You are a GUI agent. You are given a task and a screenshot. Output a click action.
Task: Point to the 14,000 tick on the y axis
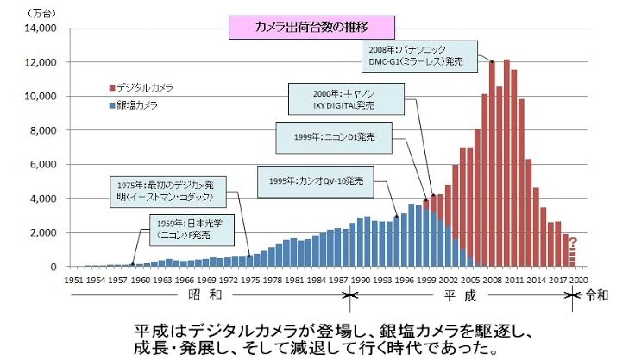tap(40, 28)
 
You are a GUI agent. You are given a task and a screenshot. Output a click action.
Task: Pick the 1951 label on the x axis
tap(75, 281)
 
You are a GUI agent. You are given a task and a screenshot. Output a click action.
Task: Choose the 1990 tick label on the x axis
tap(360, 281)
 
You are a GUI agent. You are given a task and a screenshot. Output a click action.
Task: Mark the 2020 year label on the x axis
tap(579, 281)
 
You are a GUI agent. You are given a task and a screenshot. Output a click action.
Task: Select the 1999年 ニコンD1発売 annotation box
tap(333, 136)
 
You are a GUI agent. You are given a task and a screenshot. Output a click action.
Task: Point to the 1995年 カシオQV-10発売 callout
tap(315, 182)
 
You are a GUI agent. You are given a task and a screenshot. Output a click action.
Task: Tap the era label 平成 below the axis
tap(457, 294)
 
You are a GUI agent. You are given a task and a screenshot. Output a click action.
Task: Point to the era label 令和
tap(596, 294)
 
